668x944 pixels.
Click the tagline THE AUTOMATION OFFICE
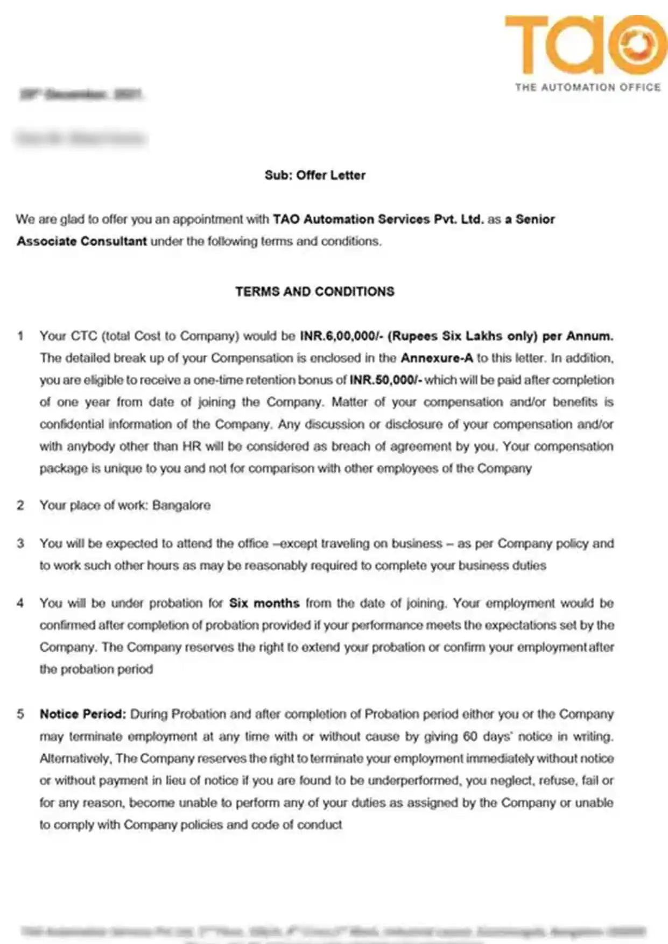pos(587,87)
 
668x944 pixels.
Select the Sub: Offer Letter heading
pos(315,175)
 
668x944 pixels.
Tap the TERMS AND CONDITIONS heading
pos(314,292)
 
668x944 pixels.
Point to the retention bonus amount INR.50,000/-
pos(385,380)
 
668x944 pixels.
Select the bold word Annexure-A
pos(437,358)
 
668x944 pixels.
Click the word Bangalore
pos(181,506)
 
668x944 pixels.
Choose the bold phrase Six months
pos(264,604)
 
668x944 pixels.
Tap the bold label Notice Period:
pos(83,714)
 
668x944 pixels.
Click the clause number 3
pos(20,544)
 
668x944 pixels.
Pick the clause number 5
pos(20,714)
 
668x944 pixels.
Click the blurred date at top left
pos(81,95)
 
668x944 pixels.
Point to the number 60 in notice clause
pos(470,736)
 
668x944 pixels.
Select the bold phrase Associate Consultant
pos(81,242)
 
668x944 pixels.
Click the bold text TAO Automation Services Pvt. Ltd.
pos(378,219)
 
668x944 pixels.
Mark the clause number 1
pos(20,336)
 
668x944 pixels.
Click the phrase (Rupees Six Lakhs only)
pos(462,336)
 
